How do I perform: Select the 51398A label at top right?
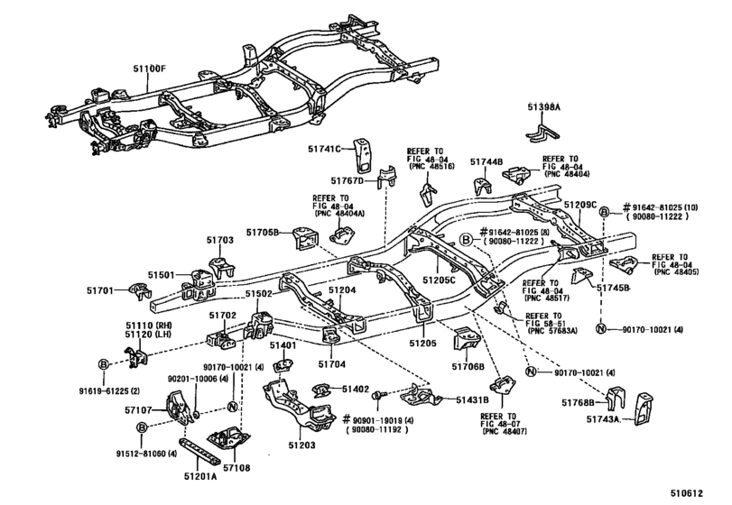pos(544,107)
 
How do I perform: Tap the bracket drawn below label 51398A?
pos(542,132)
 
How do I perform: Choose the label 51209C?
pos(580,207)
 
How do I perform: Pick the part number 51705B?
pos(264,234)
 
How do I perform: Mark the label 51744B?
pos(486,161)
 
